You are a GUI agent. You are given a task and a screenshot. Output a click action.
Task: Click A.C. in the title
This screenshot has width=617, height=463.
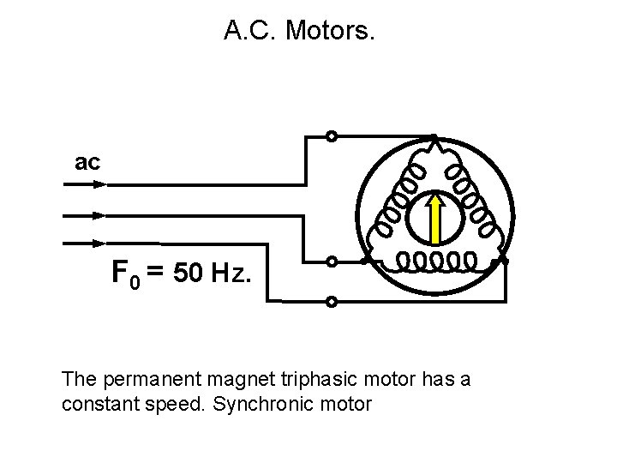point(249,32)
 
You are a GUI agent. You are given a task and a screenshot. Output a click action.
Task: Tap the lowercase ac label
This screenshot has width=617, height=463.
point(88,161)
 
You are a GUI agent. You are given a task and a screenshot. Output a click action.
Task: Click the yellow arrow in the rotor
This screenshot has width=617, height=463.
point(434,218)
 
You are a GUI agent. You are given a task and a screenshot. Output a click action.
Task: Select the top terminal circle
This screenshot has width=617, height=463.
point(332,136)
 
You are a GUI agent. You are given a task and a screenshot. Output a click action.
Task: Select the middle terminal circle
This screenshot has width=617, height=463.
point(332,262)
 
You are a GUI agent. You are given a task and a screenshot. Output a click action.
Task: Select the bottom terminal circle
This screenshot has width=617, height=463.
point(332,302)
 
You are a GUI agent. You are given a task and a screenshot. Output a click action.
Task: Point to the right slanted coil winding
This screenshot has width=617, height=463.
point(470,199)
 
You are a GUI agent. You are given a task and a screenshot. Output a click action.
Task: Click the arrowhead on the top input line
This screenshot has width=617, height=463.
point(98,183)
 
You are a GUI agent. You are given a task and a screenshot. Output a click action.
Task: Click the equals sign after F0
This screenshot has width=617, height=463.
point(155,273)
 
